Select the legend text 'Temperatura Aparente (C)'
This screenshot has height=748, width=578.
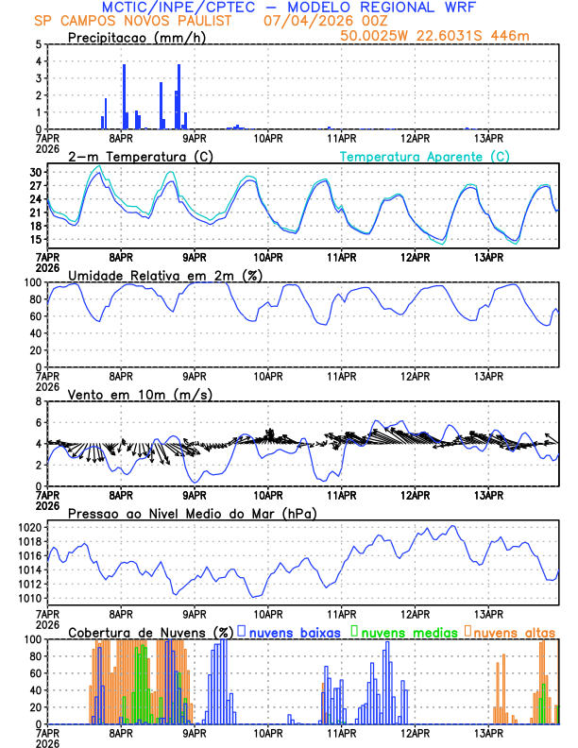coord(424,156)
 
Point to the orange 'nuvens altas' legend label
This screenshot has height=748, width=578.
coord(514,631)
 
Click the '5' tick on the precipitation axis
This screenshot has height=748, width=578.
coord(38,44)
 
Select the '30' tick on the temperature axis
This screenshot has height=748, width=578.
coord(35,173)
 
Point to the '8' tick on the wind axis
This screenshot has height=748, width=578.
coord(38,401)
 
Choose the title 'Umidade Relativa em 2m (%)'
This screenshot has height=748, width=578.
coord(149,275)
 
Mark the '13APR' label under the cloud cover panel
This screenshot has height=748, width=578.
coord(488,733)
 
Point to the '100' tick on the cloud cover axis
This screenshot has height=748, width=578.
coord(33,639)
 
